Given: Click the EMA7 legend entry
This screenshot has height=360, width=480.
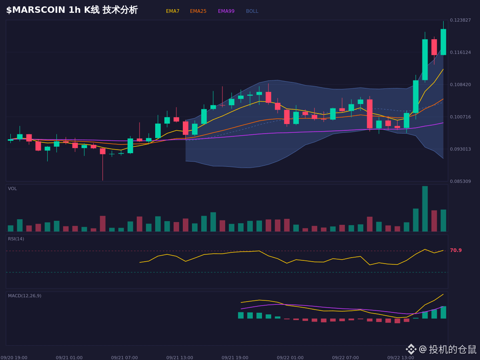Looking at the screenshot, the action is (172, 11).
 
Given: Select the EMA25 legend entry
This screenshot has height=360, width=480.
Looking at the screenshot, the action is (198, 11).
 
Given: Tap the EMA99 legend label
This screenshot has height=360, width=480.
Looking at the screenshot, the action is (226, 11).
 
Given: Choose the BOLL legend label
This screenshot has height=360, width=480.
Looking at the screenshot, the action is (252, 11).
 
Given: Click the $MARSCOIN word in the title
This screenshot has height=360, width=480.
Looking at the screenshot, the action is (36, 10).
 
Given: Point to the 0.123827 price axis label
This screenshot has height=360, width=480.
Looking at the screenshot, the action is (460, 20).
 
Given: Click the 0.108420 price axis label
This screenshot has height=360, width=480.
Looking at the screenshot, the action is (460, 84).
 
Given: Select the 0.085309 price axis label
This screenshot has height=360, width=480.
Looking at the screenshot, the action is (460, 181).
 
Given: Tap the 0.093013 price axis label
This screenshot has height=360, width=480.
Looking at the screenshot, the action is (460, 149).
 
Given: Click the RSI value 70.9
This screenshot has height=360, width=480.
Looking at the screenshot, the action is (456, 250).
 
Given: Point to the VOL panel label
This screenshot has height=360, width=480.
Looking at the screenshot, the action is (12, 189).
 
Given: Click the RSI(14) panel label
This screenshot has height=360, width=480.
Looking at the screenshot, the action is (16, 239).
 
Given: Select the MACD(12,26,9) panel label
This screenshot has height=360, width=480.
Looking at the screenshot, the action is (24, 296).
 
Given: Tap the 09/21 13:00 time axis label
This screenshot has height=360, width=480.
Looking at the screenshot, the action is (180, 358).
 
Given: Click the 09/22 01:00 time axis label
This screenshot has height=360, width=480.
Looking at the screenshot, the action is (290, 358).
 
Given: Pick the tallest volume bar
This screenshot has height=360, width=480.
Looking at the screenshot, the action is (425, 209).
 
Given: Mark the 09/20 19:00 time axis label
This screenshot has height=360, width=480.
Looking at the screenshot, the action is (14, 358).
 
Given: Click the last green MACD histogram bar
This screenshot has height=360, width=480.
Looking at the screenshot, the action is (443, 312).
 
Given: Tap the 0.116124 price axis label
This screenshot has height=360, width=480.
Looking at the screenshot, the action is (460, 52).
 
